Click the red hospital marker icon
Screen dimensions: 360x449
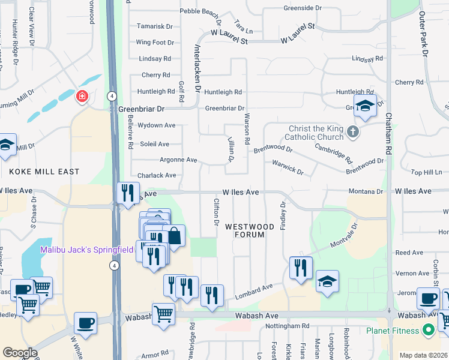point(82,96)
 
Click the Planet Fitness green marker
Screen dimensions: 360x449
point(428,330)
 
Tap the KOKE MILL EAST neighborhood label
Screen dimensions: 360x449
point(44,172)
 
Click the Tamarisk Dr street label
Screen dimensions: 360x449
point(155,26)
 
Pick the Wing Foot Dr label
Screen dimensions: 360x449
point(155,43)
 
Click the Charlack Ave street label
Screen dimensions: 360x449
point(158,176)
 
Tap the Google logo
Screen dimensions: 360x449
point(20,353)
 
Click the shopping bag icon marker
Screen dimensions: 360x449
point(173,236)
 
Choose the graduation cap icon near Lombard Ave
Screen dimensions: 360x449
point(327,281)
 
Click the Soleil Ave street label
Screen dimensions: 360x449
point(154,144)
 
